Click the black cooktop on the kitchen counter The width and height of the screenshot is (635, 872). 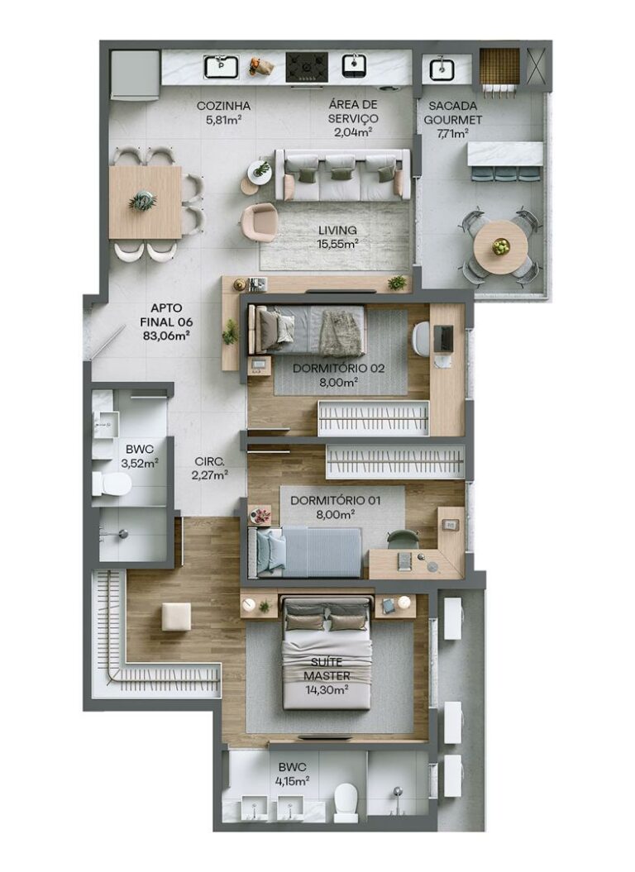[x=306, y=67]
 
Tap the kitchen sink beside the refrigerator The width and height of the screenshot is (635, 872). [x=221, y=66]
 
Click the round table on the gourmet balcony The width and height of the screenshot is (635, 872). [x=500, y=245]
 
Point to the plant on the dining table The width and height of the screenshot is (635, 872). [x=143, y=201]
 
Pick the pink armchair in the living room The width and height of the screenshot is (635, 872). [x=260, y=222]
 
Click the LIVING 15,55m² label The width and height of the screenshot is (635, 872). [x=336, y=236]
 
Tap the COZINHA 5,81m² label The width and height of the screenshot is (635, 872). [x=223, y=112]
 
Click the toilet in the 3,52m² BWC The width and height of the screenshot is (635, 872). [x=112, y=484]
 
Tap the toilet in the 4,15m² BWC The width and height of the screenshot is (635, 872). [x=346, y=801]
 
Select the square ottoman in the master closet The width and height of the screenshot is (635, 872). [x=176, y=617]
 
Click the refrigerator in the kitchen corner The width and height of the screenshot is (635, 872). [x=135, y=74]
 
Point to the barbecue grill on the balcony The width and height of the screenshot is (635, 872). [x=499, y=66]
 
